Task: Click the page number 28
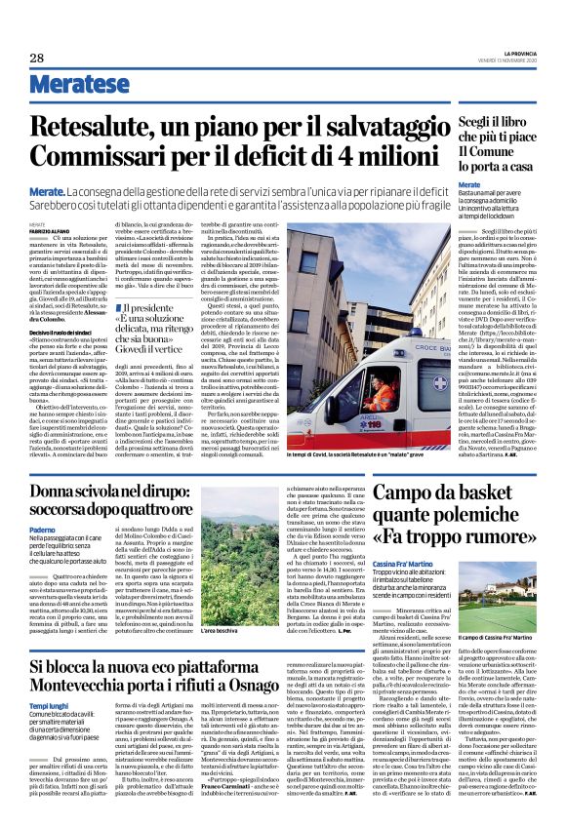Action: coord(36,59)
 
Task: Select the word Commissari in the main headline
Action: coord(103,157)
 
